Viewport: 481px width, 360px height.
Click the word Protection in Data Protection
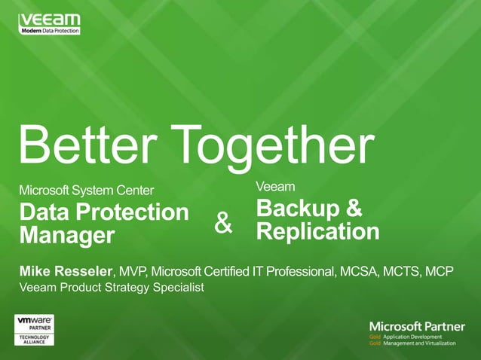point(140,212)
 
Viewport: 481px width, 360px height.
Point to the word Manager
point(67,235)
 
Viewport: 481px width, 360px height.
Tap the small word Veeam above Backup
point(275,185)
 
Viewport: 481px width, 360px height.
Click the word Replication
point(317,230)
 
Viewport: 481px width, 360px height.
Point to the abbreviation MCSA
point(366,270)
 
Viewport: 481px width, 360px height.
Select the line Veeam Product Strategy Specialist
point(112,287)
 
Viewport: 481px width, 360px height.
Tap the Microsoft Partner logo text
point(417,325)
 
